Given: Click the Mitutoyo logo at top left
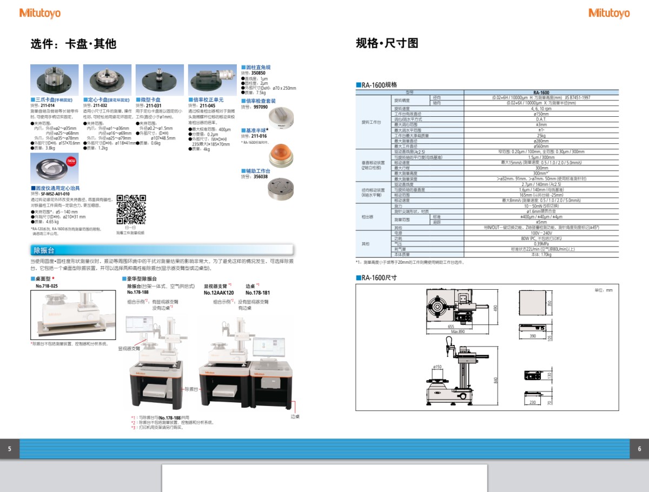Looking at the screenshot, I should tap(40, 13).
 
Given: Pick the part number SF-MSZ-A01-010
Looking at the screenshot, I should tap(55, 194).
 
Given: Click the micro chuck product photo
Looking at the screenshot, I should tap(160, 80).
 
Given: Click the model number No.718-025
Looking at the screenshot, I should tap(47, 285).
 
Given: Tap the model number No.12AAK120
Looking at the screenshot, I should tap(218, 292).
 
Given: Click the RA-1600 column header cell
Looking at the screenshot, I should tap(540, 92).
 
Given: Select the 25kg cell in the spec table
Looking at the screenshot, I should tap(540, 136).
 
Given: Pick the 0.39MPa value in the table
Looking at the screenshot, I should tap(540, 244).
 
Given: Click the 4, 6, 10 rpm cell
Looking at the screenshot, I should tap(540, 109).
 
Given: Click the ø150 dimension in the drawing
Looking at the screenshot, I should tap(438, 367).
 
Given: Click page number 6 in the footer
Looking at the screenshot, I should tap(639, 449).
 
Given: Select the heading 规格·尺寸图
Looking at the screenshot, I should tap(387, 43).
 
